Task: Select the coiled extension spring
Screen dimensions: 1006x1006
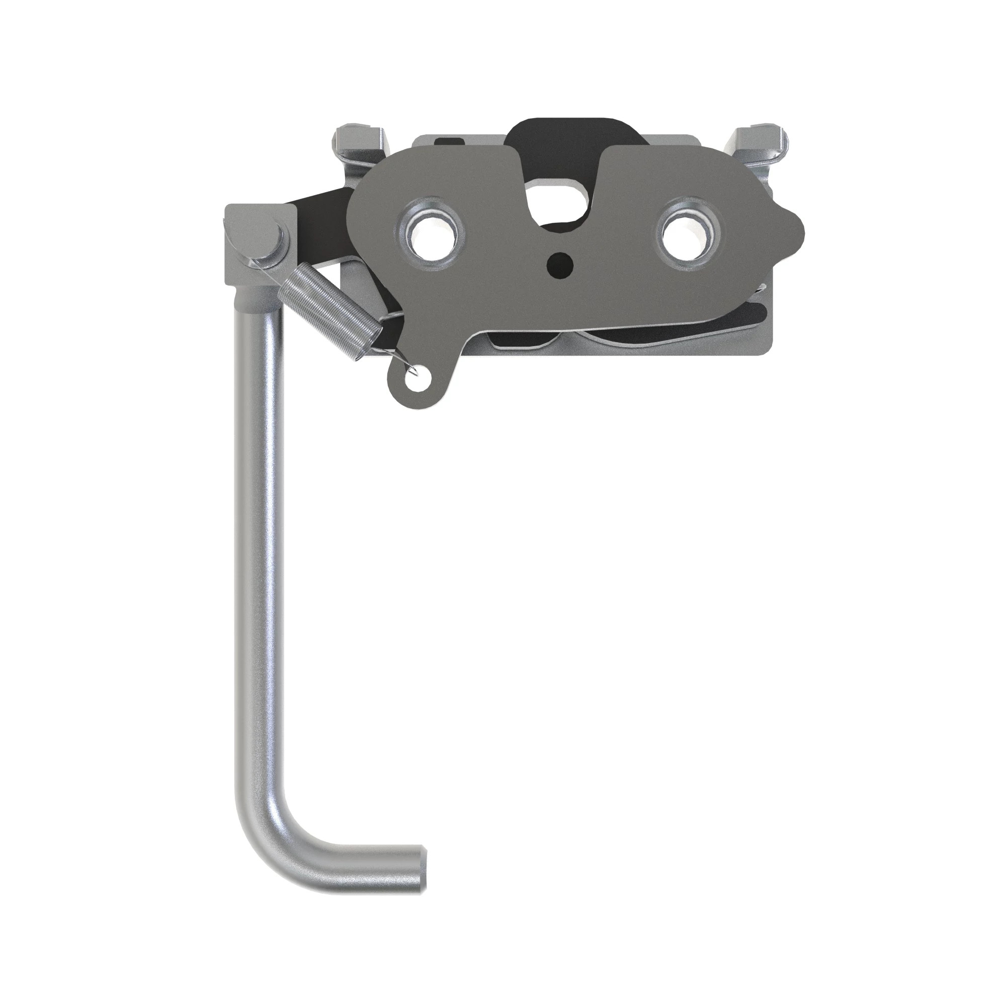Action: [x=327, y=308]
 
